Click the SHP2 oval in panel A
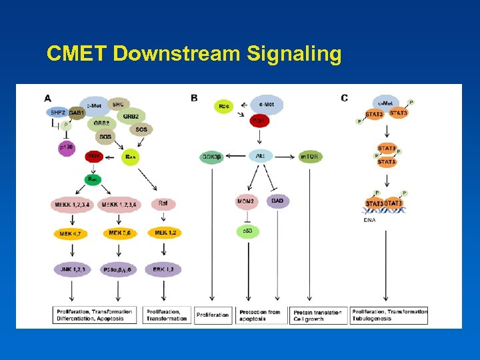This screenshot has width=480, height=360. pos(57,113)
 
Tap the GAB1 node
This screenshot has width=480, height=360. pos(77,113)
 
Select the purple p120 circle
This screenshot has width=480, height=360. pos(66,149)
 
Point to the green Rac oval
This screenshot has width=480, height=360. pos(93,179)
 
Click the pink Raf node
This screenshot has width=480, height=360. pos(163,203)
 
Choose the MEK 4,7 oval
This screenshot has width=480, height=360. pos(71,233)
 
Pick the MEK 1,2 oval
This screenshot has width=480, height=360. pos(166,233)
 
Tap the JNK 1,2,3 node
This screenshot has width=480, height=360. pos(72,269)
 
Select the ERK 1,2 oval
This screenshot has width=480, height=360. pos(163,269)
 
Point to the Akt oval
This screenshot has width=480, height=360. pos(261,157)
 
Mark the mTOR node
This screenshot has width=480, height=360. pos(309,157)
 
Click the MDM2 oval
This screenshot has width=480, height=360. pos(246,201)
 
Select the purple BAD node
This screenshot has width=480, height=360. pos(277,200)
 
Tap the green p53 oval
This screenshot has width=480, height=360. pos(247,231)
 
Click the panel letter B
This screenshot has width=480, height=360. pos(194,98)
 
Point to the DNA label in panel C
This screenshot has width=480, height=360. pos(369,220)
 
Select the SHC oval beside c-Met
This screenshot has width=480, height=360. pos(118,104)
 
